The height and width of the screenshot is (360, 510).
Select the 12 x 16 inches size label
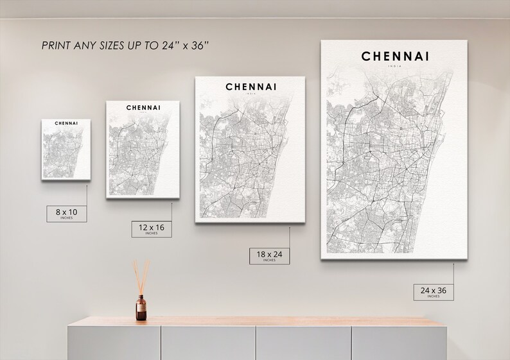point(152,228)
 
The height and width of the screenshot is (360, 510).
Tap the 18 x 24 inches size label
point(269,256)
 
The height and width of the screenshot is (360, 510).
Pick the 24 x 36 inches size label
point(433,292)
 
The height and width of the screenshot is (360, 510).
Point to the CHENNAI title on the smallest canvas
point(67,123)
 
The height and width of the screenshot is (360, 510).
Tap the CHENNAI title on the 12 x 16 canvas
point(143,107)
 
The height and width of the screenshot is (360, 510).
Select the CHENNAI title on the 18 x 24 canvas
point(251,86)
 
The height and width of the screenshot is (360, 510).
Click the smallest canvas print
point(64,149)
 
